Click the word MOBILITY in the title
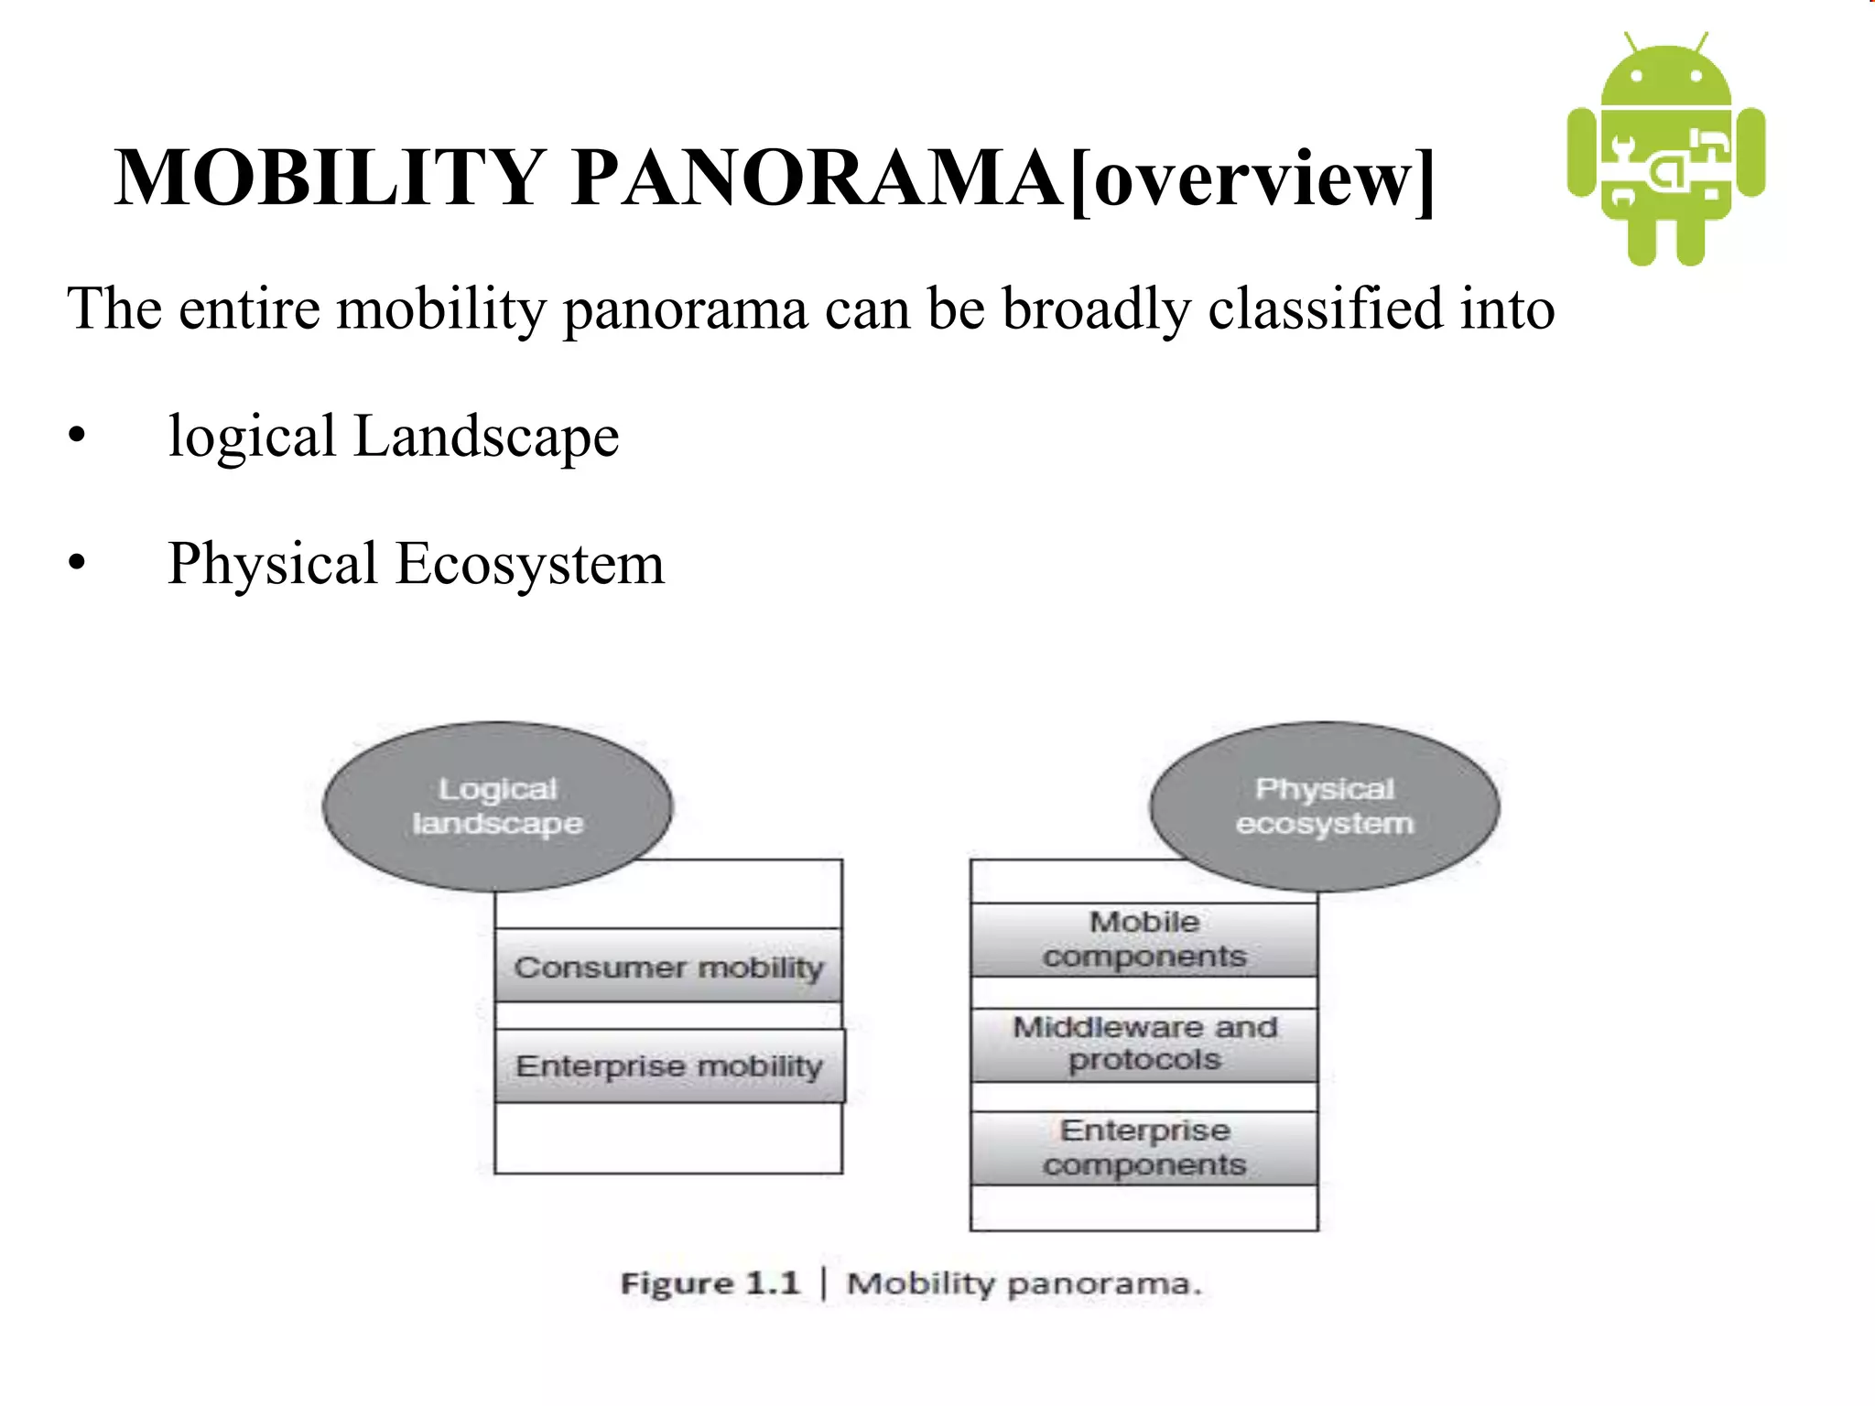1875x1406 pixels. coord(330,178)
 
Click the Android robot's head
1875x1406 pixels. coord(1666,78)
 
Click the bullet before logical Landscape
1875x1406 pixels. coord(77,436)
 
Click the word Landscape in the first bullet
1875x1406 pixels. coord(486,436)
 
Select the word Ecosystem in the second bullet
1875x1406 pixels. coord(530,564)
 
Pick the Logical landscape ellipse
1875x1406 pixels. coord(497,806)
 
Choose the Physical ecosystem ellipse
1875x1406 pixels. coord(1324,806)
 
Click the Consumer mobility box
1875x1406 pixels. coord(668,967)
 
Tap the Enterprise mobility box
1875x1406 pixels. coord(669,1065)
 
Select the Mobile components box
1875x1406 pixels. coord(1144,939)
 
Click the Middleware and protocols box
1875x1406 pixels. coord(1144,1044)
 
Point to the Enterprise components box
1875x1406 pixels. coord(1144,1148)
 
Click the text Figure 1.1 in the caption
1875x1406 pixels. coord(710,1283)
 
